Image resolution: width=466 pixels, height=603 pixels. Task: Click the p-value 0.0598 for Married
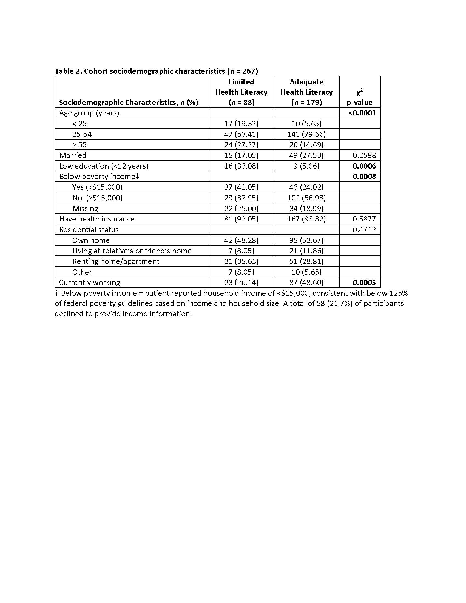pos(364,155)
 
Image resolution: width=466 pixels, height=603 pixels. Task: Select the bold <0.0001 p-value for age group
pos(362,113)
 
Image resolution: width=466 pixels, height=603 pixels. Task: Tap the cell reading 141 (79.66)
pos(306,134)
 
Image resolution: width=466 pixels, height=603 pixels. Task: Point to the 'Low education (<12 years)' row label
pos(104,166)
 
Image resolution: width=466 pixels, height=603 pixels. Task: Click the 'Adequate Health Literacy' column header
pos(306,92)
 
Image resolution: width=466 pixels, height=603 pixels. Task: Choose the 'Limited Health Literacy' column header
pos(241,92)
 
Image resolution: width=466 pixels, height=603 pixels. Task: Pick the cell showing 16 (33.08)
pos(241,166)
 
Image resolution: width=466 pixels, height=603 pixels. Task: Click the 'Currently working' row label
pos(89,282)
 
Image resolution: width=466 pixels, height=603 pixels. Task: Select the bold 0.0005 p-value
pos(364,282)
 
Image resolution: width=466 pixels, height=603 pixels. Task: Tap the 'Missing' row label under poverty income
pos(85,209)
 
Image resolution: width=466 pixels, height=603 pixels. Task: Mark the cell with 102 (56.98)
pos(306,198)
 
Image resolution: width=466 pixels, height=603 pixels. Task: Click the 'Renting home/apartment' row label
pos(116,261)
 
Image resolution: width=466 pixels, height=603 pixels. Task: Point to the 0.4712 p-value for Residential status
pos(364,230)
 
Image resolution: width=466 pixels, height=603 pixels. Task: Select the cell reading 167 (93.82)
pos(306,219)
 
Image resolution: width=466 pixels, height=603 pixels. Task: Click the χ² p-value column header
pos(359,97)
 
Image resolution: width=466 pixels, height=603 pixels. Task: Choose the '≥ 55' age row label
pos(79,145)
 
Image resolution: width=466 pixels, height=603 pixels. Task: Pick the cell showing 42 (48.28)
pos(241,240)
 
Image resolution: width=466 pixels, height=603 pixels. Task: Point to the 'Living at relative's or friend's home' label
pos(132,251)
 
